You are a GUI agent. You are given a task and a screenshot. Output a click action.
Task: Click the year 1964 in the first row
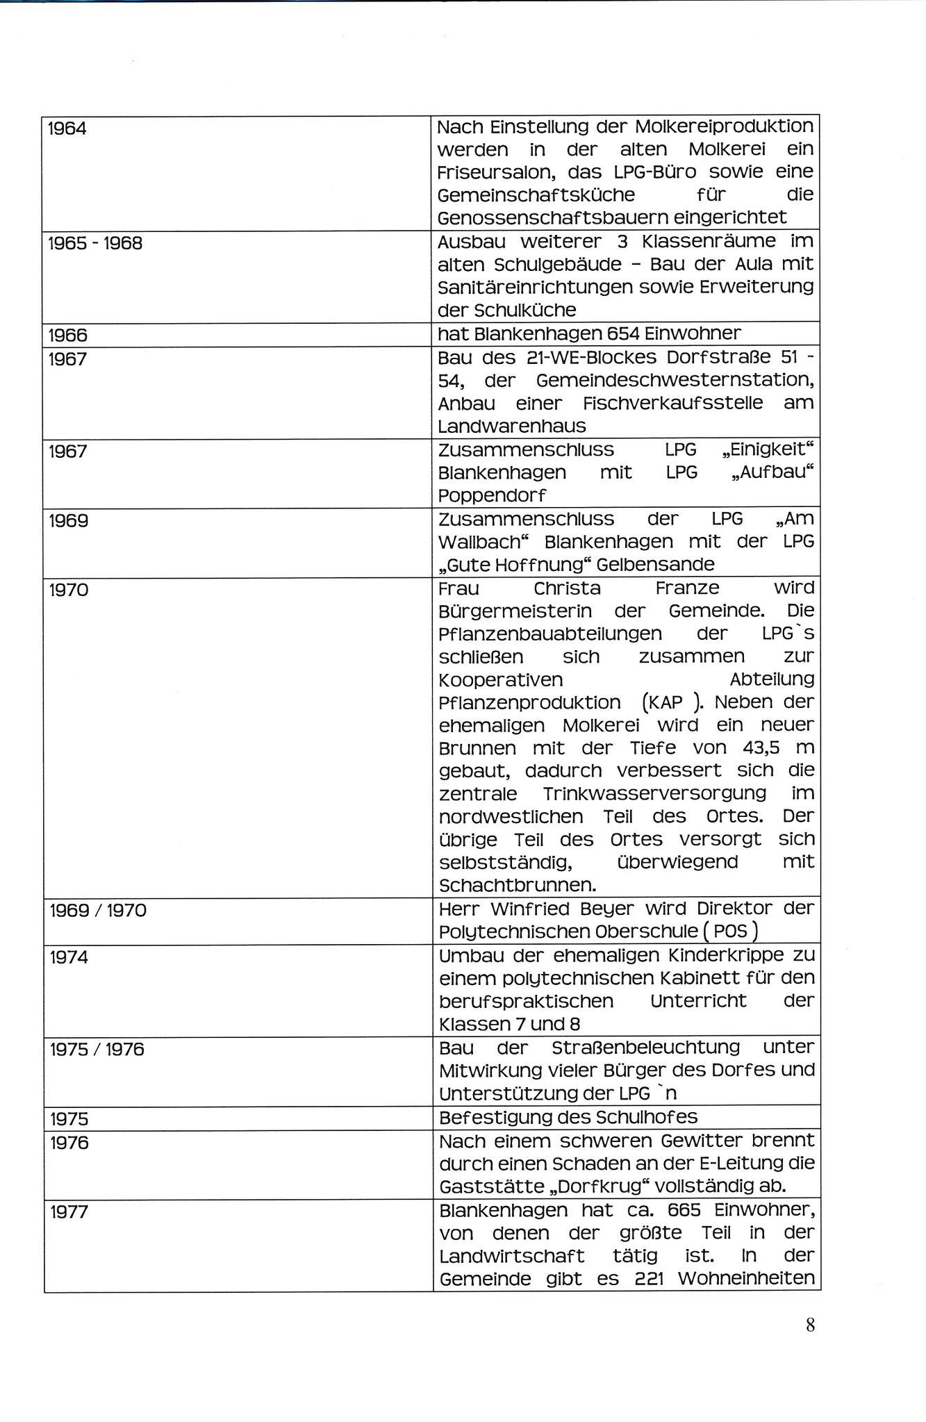(67, 129)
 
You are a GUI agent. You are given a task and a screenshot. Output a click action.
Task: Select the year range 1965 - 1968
(95, 244)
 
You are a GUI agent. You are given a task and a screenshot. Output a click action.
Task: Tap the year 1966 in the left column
(68, 336)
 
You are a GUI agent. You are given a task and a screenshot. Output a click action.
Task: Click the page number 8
(810, 1325)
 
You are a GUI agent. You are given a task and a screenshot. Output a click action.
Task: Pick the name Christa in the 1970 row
(567, 588)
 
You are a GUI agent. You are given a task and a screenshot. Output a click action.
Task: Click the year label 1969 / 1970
(98, 910)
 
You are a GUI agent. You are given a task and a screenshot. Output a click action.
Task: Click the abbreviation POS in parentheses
(729, 932)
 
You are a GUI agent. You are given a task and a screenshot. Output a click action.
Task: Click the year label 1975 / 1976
(97, 1049)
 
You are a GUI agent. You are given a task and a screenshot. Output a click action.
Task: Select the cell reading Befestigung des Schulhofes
(568, 1117)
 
